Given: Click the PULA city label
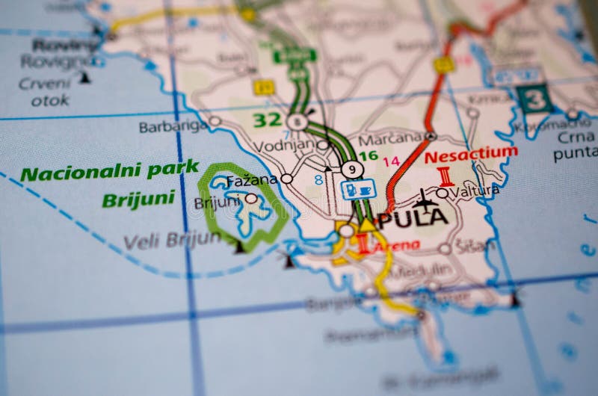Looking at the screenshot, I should [414, 219].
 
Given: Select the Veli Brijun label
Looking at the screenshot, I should [172, 241].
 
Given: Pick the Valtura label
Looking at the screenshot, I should [475, 191].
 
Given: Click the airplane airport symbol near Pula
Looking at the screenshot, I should [425, 199].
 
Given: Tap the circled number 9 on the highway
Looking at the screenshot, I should [352, 170].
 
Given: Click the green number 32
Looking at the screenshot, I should [266, 120].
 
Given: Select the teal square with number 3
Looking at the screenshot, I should [535, 99].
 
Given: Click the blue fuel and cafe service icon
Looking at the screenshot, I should [358, 189].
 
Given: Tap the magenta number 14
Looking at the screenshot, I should [391, 161].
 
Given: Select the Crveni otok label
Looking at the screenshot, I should [45, 91].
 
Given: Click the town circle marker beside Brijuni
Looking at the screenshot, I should [251, 199].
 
